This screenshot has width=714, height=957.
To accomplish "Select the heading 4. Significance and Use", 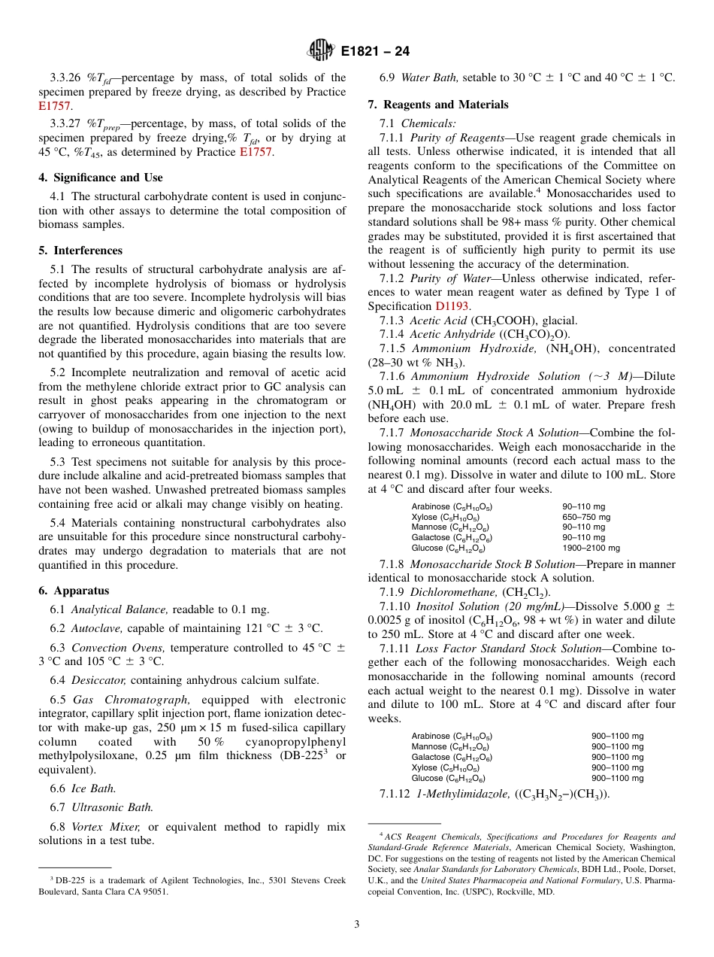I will click(100, 178).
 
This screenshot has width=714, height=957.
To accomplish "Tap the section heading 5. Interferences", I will click(80, 251).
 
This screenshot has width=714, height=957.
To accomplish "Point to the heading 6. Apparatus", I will click(74, 591).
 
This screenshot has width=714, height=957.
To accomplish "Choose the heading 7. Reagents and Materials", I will click(437, 105).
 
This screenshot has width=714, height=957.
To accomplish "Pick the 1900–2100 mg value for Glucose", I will click(591, 548).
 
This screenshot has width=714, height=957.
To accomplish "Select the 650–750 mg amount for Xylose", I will click(586, 517).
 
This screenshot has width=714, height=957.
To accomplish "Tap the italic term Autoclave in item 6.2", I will click(95, 627).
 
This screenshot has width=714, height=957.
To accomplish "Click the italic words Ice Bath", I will click(94, 788).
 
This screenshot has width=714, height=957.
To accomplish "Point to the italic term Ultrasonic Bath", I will click(112, 807).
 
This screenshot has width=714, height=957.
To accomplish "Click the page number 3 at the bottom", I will click(357, 924).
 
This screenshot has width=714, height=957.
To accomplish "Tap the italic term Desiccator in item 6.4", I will click(97, 679).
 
